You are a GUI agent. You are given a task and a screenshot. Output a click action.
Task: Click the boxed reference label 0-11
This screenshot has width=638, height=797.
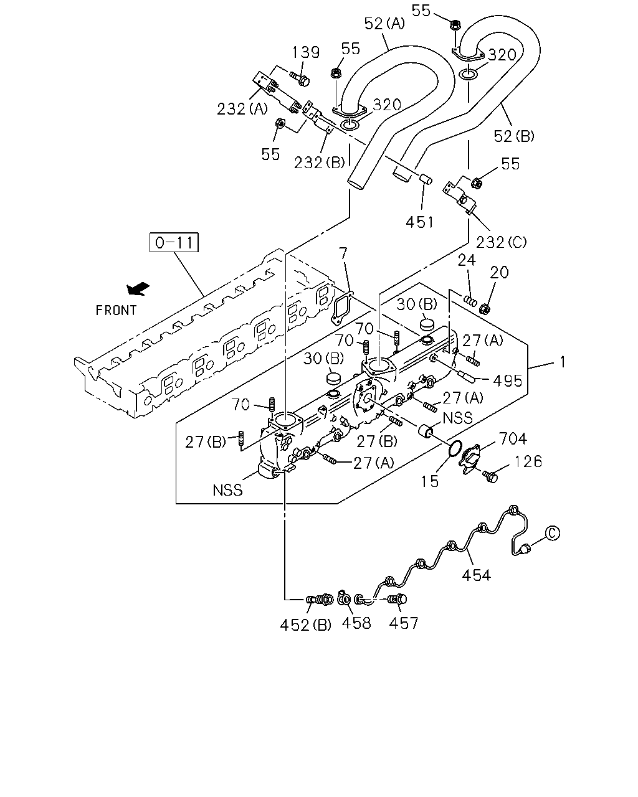(174, 242)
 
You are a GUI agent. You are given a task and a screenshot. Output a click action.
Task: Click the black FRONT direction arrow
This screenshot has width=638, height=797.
(138, 288)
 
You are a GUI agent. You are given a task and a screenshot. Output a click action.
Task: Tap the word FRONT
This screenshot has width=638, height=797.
(117, 310)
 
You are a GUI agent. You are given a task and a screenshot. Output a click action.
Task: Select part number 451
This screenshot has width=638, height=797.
(420, 222)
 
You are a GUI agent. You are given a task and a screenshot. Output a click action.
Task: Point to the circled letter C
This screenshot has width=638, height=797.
(553, 534)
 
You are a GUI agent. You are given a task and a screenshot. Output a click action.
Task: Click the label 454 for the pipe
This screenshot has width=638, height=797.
(477, 575)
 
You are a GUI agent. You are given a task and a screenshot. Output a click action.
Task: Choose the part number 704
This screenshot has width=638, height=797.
(513, 438)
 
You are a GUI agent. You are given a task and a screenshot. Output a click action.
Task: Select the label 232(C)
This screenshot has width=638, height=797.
(501, 242)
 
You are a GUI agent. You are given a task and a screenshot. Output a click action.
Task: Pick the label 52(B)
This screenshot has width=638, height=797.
(514, 136)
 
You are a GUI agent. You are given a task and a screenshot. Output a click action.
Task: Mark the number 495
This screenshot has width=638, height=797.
(508, 380)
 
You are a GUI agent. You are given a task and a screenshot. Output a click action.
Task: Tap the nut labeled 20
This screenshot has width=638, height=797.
(485, 308)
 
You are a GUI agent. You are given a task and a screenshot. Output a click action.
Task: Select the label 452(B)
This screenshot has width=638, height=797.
(305, 625)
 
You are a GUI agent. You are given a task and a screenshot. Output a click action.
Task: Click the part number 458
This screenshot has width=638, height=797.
(356, 623)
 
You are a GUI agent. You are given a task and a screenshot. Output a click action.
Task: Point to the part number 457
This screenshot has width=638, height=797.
(403, 623)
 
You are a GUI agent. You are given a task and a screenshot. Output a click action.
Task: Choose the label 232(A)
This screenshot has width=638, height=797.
(242, 109)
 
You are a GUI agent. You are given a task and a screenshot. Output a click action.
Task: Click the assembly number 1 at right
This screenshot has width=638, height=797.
(563, 362)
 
